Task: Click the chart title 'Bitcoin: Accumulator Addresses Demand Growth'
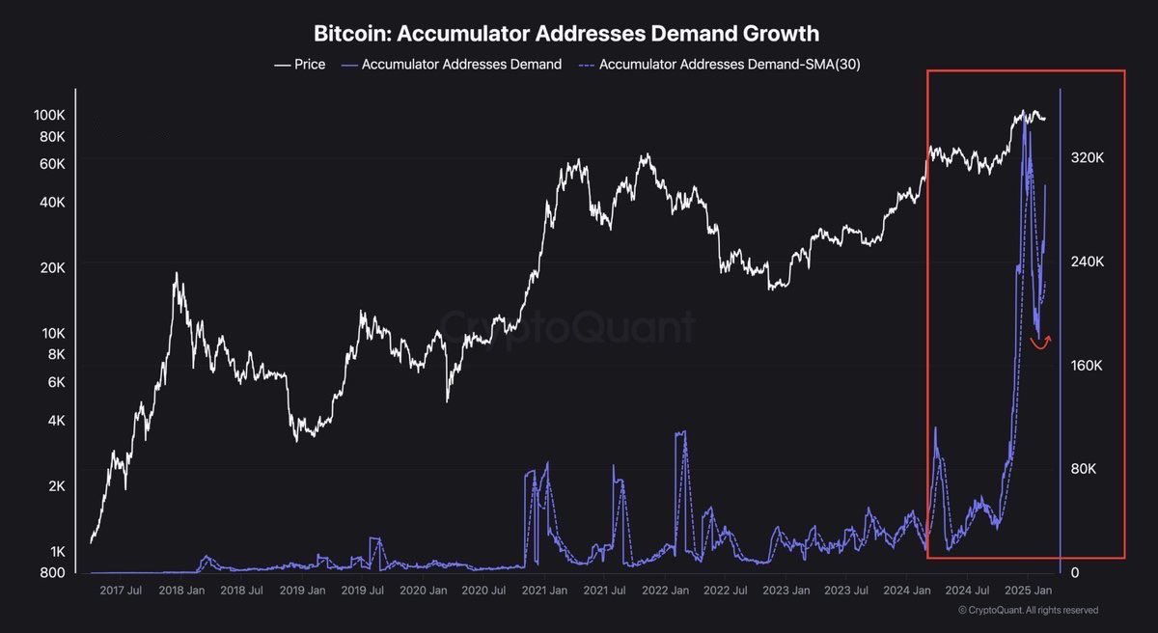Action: [566, 33]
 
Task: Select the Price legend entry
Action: [300, 65]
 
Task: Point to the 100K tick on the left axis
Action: [48, 115]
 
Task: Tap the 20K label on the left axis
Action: [52, 267]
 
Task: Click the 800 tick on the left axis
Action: [52, 572]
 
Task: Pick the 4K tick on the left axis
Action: [55, 421]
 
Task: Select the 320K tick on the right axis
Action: [1088, 158]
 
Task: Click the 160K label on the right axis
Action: [1088, 366]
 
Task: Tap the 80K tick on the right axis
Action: [1085, 469]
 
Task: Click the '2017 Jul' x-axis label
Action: [121, 590]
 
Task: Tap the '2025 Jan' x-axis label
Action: [1030, 590]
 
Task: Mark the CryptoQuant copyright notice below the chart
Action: [1028, 610]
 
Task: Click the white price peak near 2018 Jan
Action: [176, 274]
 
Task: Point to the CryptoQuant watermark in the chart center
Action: [567, 327]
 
